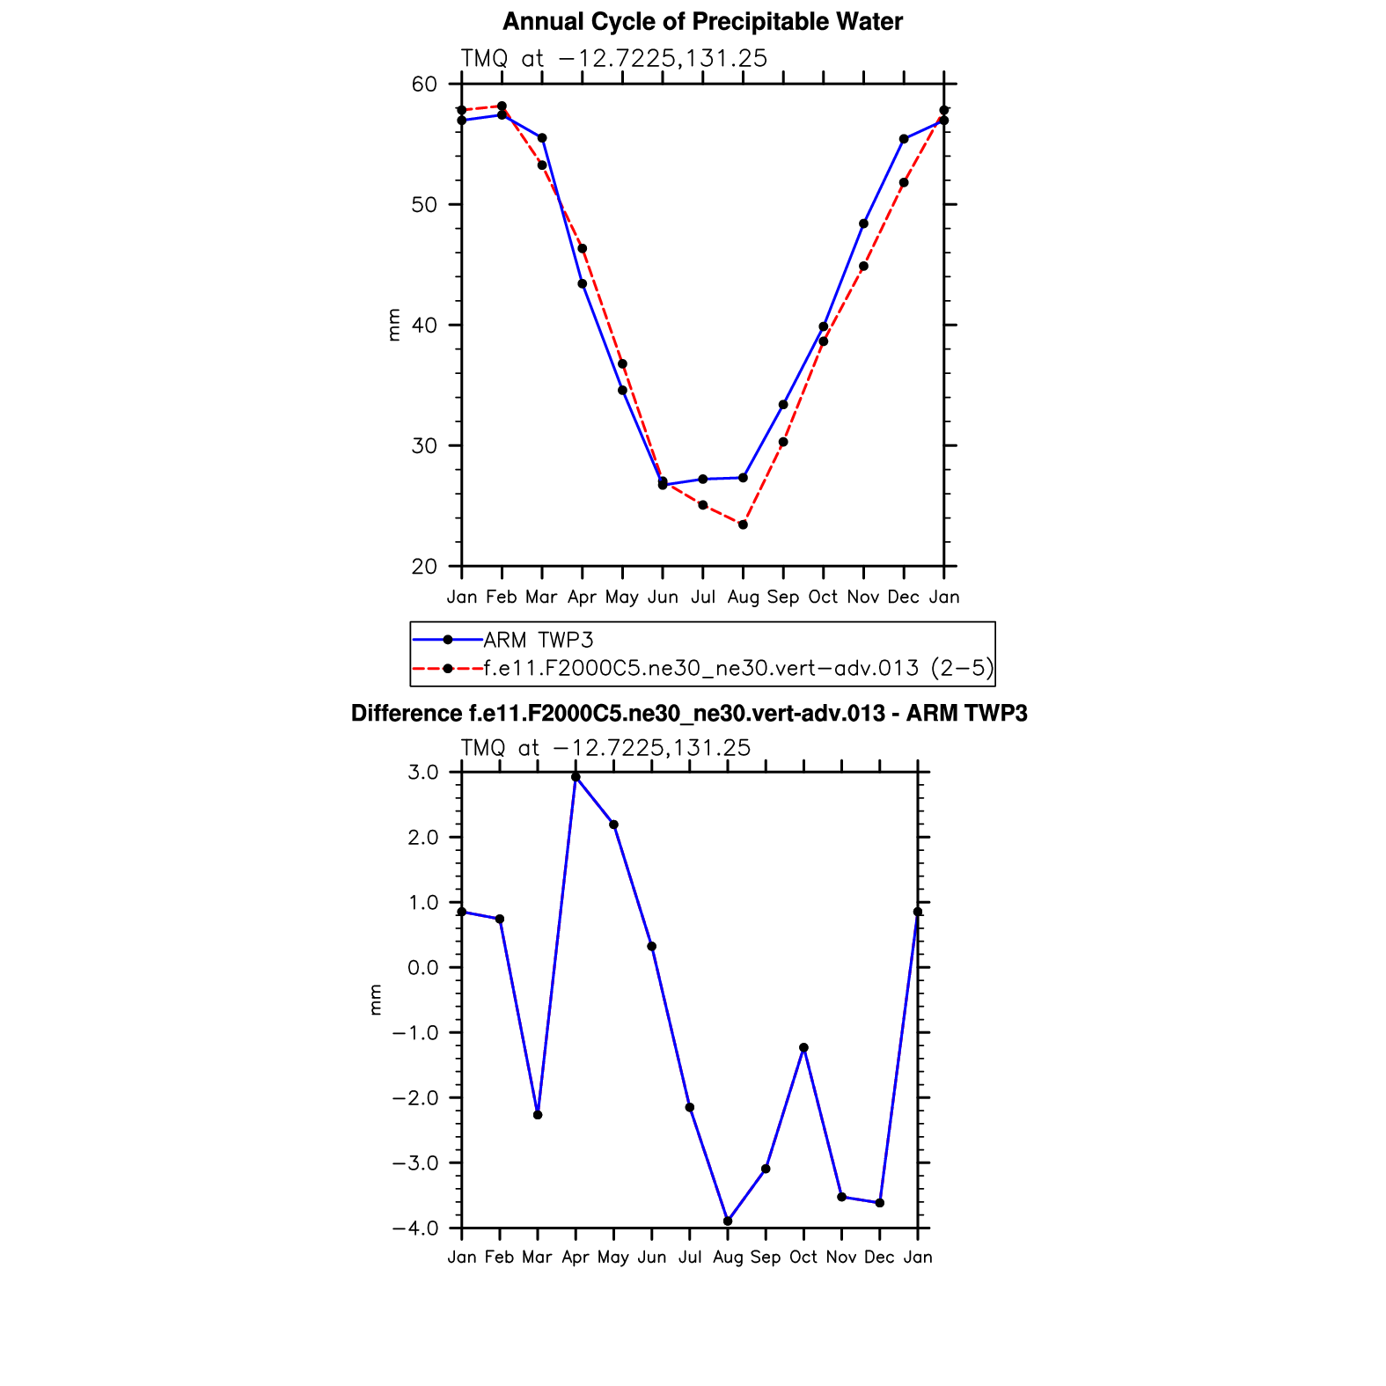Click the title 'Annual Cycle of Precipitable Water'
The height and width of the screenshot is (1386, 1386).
[702, 22]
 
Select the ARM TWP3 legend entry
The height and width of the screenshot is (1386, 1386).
[538, 640]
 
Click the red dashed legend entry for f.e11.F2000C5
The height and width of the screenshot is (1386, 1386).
[737, 669]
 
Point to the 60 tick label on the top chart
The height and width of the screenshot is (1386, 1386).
[424, 84]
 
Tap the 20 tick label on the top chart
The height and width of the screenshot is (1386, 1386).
[424, 567]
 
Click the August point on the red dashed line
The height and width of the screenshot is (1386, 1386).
[743, 524]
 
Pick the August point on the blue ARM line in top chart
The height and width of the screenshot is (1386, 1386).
[743, 478]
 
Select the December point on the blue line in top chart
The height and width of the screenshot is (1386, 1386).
[904, 139]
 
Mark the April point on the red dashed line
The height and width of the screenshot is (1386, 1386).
[583, 248]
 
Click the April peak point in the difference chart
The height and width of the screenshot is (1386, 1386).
[576, 777]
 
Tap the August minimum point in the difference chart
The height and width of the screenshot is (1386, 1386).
[728, 1221]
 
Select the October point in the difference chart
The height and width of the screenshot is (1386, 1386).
[803, 1048]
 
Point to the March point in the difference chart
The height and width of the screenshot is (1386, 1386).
[538, 1115]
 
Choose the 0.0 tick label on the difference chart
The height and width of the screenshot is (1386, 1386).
[423, 968]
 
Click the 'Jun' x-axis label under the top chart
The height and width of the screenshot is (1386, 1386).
[663, 598]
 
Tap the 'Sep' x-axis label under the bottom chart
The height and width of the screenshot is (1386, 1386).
[766, 1258]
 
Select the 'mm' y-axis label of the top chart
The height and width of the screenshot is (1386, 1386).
[393, 325]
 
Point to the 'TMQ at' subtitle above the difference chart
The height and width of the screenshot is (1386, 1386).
[500, 748]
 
